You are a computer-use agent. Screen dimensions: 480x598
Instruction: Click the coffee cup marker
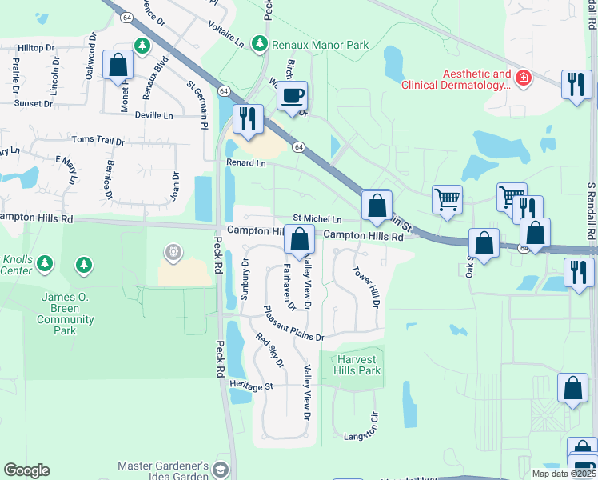pos(293,95)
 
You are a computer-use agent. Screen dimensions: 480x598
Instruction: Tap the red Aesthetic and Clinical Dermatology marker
pos(523,78)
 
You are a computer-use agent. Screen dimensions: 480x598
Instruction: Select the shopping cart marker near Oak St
pos(447,199)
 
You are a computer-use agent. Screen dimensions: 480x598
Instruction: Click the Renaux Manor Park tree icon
pos(260,44)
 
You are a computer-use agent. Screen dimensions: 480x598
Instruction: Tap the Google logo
pos(26,470)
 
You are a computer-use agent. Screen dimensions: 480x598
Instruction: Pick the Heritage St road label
pos(251,386)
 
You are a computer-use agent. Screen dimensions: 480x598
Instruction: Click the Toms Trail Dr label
pos(98,141)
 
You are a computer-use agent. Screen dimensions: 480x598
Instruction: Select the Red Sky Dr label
pos(270,350)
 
